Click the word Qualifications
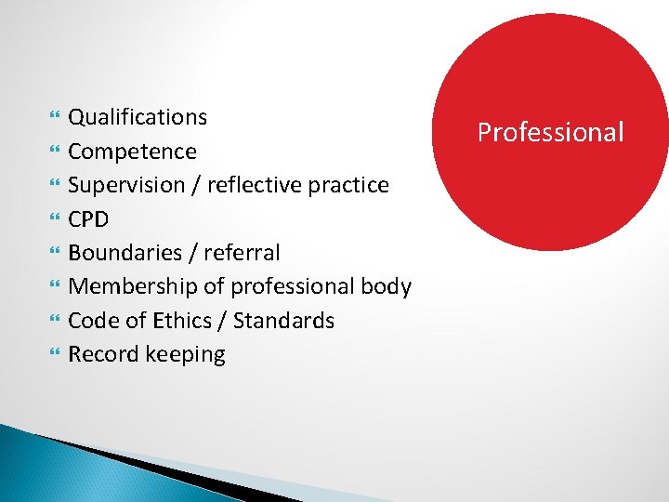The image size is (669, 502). click(138, 117)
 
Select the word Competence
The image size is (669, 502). click(132, 152)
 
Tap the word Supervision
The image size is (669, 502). click(126, 185)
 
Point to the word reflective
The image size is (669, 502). click(254, 185)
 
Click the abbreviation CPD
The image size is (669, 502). click(88, 219)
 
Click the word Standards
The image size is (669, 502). click(283, 321)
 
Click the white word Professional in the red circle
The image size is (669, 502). click(550, 132)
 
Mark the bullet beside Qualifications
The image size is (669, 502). click(53, 118)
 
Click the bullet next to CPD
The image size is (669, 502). click(53, 220)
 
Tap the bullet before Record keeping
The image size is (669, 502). click(53, 355)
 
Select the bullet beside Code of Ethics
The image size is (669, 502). click(53, 322)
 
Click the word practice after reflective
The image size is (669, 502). click(347, 185)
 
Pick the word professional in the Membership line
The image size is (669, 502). click(295, 286)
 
